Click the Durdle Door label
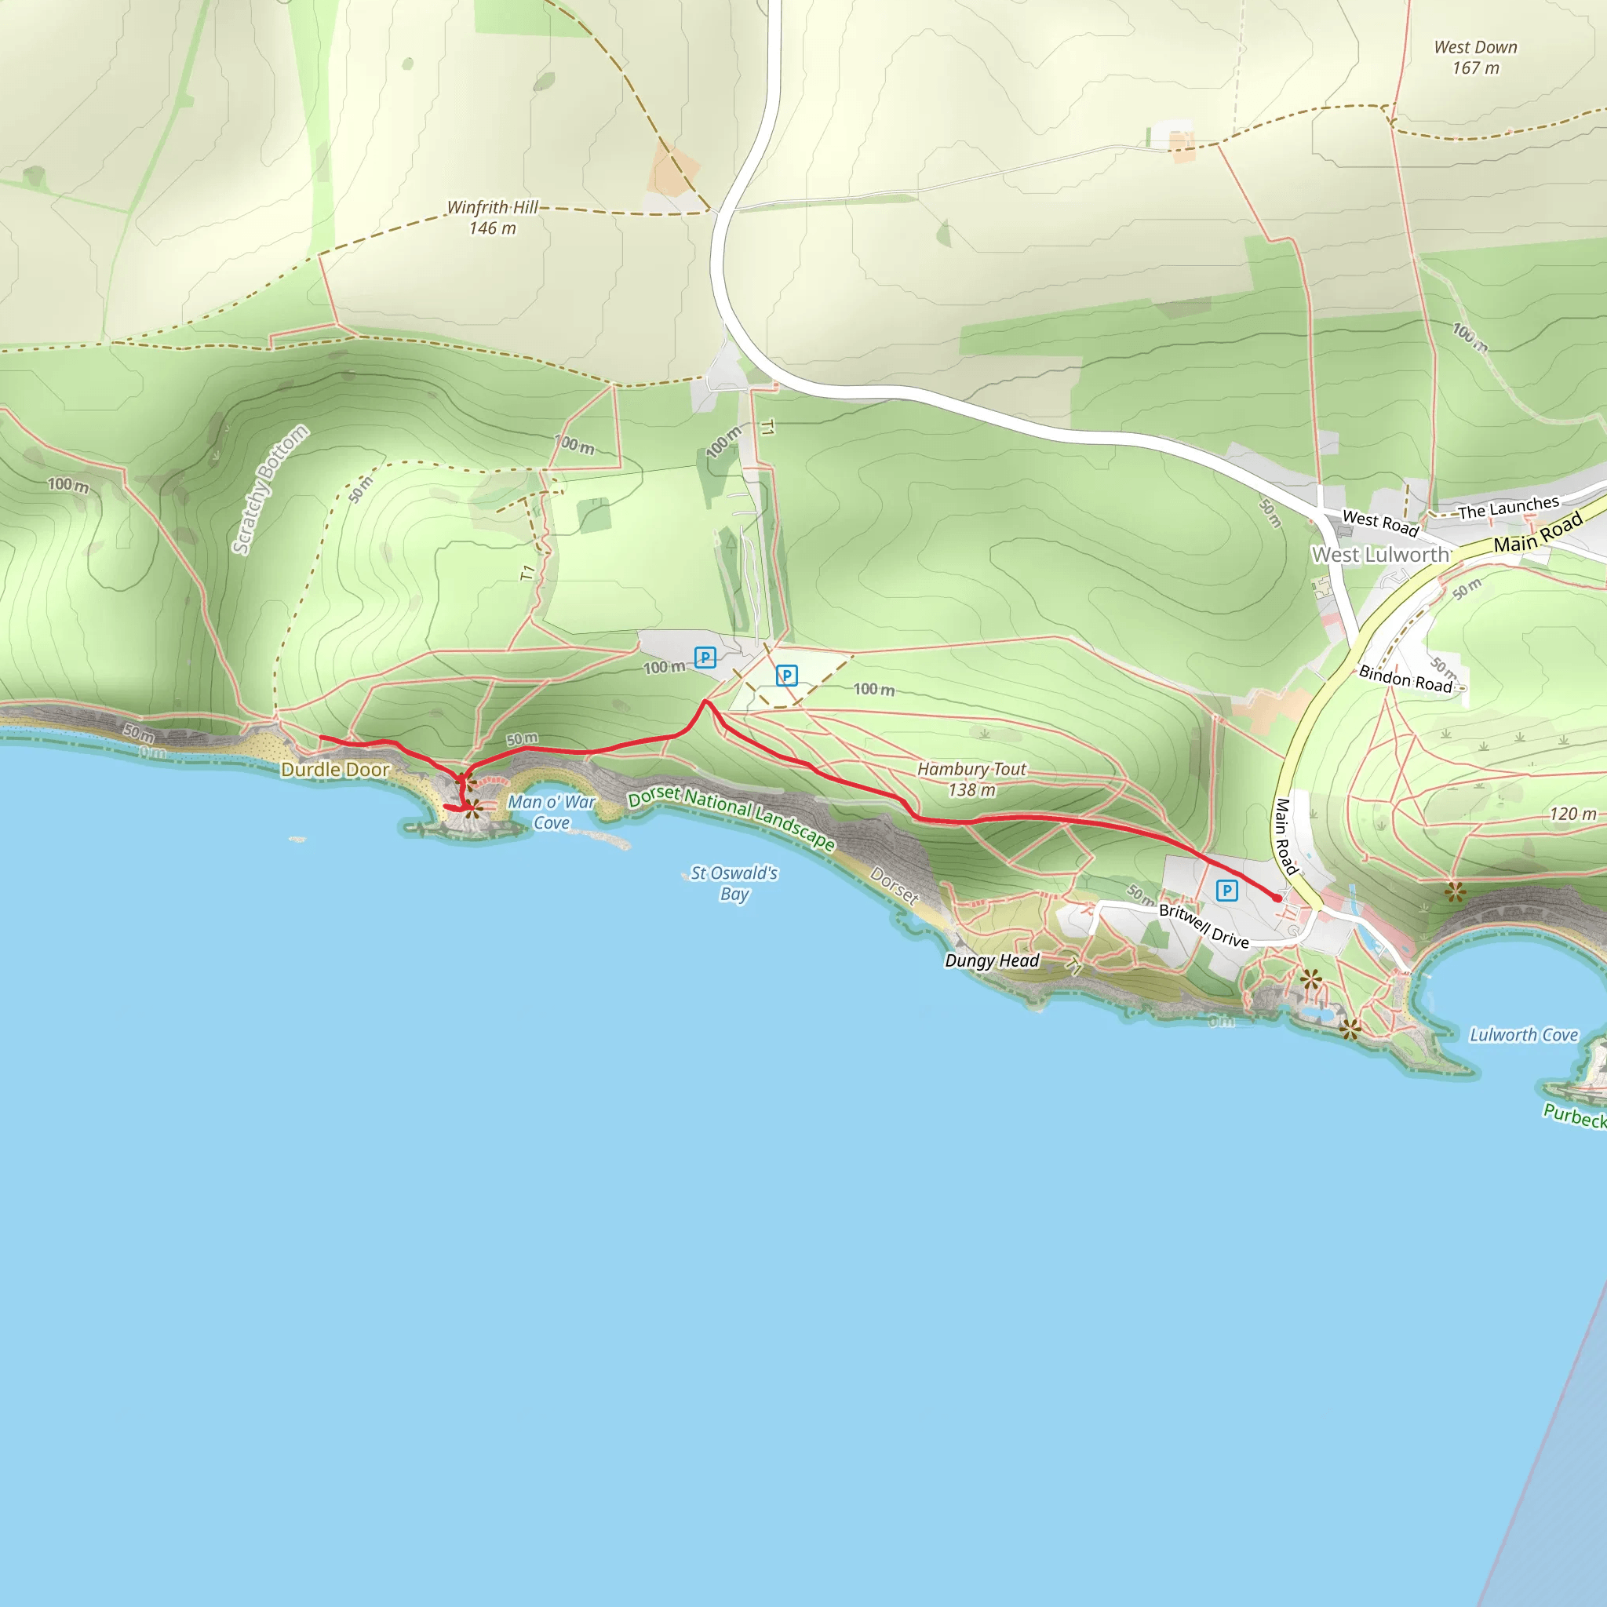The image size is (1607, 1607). pos(335,770)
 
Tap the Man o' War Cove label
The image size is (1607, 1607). pos(552,813)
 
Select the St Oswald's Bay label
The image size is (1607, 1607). pos(734,884)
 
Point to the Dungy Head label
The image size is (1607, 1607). pos(993,960)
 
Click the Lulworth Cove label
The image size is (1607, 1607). pos(1524,1035)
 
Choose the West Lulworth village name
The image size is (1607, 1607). pos(1381,555)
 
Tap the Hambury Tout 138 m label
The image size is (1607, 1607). pos(971,779)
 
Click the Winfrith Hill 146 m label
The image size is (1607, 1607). pos(493,217)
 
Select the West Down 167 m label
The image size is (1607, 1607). pos(1476,57)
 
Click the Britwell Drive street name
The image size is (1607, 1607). pos(1204,926)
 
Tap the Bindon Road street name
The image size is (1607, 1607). pos(1405,679)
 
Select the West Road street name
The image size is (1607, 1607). pos(1381,523)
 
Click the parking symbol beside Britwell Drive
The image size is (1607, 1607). pos(1227,891)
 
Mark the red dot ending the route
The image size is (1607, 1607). pos(1277,898)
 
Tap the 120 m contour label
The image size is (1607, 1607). pos(1573,814)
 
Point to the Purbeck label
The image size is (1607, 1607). pos(1576,1116)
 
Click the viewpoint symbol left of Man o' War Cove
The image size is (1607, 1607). pos(472,807)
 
